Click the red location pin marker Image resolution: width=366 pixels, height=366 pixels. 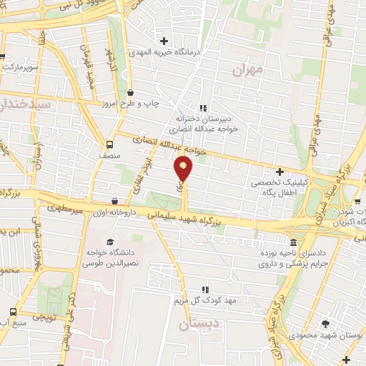[184, 169]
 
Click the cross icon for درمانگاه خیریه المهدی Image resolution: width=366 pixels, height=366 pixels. [165, 41]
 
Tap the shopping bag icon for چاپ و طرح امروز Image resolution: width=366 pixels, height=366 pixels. [130, 93]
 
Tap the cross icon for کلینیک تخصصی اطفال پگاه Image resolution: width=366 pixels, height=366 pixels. [280, 172]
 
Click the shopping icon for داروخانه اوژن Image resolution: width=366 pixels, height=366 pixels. [115, 201]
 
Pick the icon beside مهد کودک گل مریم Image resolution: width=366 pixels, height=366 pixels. [205, 290]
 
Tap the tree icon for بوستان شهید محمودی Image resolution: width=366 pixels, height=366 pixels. [325, 323]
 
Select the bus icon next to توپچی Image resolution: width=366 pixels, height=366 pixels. [14, 312]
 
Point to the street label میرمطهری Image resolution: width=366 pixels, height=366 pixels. [65, 209]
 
